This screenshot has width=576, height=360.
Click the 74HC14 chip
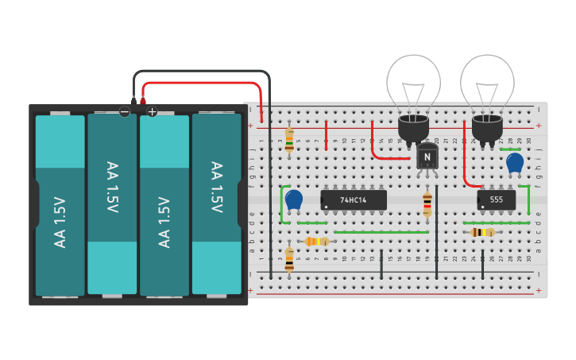pos(354,200)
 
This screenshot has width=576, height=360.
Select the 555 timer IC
pos(497,200)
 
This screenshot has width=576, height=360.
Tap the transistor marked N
pos(427,157)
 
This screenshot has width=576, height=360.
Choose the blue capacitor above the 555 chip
pos(515,162)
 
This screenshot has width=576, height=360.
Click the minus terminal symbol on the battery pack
pos(125,111)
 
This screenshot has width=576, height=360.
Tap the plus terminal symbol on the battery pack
pos(153,111)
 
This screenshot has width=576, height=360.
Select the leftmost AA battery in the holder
pos(60,205)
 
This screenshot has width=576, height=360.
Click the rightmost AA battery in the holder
pos(216,205)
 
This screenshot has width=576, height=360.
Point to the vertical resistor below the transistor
pos(427,203)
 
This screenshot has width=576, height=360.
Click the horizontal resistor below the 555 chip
pos(482,232)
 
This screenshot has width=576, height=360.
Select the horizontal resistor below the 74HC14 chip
pos(317,241)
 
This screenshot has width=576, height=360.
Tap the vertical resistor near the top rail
pos(289,140)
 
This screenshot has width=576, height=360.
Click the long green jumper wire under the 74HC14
pos(381,232)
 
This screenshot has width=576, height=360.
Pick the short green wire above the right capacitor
pos(510,149)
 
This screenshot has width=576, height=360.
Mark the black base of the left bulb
pos(413,129)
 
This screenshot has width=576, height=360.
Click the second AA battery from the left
pos(112,205)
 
